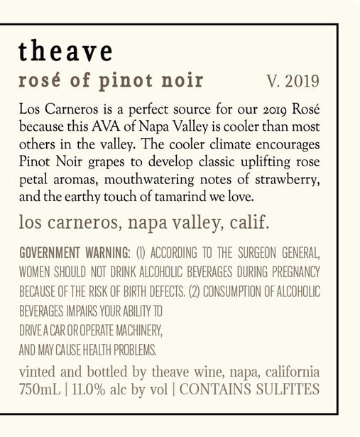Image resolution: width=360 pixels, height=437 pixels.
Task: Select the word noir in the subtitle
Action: tap(179, 80)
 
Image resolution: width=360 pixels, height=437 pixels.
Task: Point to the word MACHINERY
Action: tap(138, 331)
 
